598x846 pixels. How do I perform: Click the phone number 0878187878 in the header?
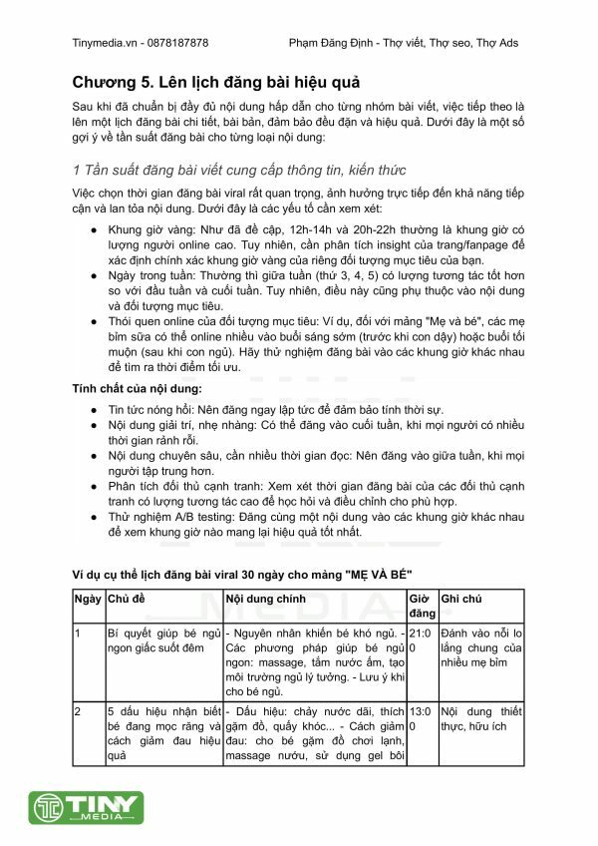coord(175,43)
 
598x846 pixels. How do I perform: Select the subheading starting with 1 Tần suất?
coord(239,170)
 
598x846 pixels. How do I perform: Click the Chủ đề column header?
coord(126,599)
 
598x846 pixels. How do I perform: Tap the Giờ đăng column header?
coord(421,606)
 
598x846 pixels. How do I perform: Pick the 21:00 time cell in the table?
coord(421,639)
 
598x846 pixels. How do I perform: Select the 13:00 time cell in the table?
coord(421,719)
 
